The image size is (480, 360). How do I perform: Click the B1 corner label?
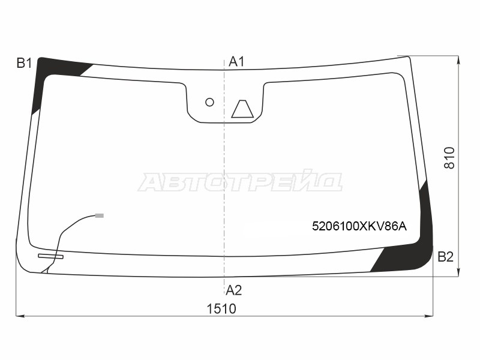coord(24,63)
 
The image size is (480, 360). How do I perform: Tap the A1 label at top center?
coord(236,62)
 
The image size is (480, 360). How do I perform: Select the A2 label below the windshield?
coord(233,290)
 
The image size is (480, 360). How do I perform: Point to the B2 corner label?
coord(445,257)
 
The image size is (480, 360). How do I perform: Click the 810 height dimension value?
coord(449,158)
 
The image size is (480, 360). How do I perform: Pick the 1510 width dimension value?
coord(221,309)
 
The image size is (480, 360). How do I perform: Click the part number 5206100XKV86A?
coord(359,227)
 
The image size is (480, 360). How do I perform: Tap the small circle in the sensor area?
coord(209,102)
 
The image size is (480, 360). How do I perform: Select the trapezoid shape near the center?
coord(242,109)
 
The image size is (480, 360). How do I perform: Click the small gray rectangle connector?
coord(100,215)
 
